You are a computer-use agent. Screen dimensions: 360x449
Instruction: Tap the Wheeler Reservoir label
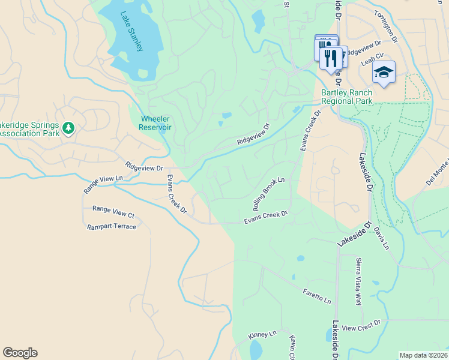point(155,123)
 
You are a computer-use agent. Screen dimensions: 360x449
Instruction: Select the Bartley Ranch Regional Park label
point(346,97)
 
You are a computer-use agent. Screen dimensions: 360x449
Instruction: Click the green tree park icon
point(69,127)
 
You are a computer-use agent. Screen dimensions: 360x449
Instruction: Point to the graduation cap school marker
point(384,73)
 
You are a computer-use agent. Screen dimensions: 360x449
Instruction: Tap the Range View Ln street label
point(103,184)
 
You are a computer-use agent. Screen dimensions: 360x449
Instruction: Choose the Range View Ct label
point(113,213)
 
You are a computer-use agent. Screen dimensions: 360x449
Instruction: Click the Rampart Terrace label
point(112,227)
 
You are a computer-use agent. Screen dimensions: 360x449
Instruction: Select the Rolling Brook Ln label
point(268,193)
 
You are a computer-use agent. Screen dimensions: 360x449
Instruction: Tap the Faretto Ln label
point(317,295)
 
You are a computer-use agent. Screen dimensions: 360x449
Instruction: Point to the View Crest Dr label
point(361,326)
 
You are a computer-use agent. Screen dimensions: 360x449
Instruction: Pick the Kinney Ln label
point(262,334)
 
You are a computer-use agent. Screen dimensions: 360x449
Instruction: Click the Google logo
point(20,353)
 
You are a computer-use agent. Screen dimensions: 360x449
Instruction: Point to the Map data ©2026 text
point(423,355)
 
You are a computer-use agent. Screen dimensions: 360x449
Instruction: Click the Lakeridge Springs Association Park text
point(29,129)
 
